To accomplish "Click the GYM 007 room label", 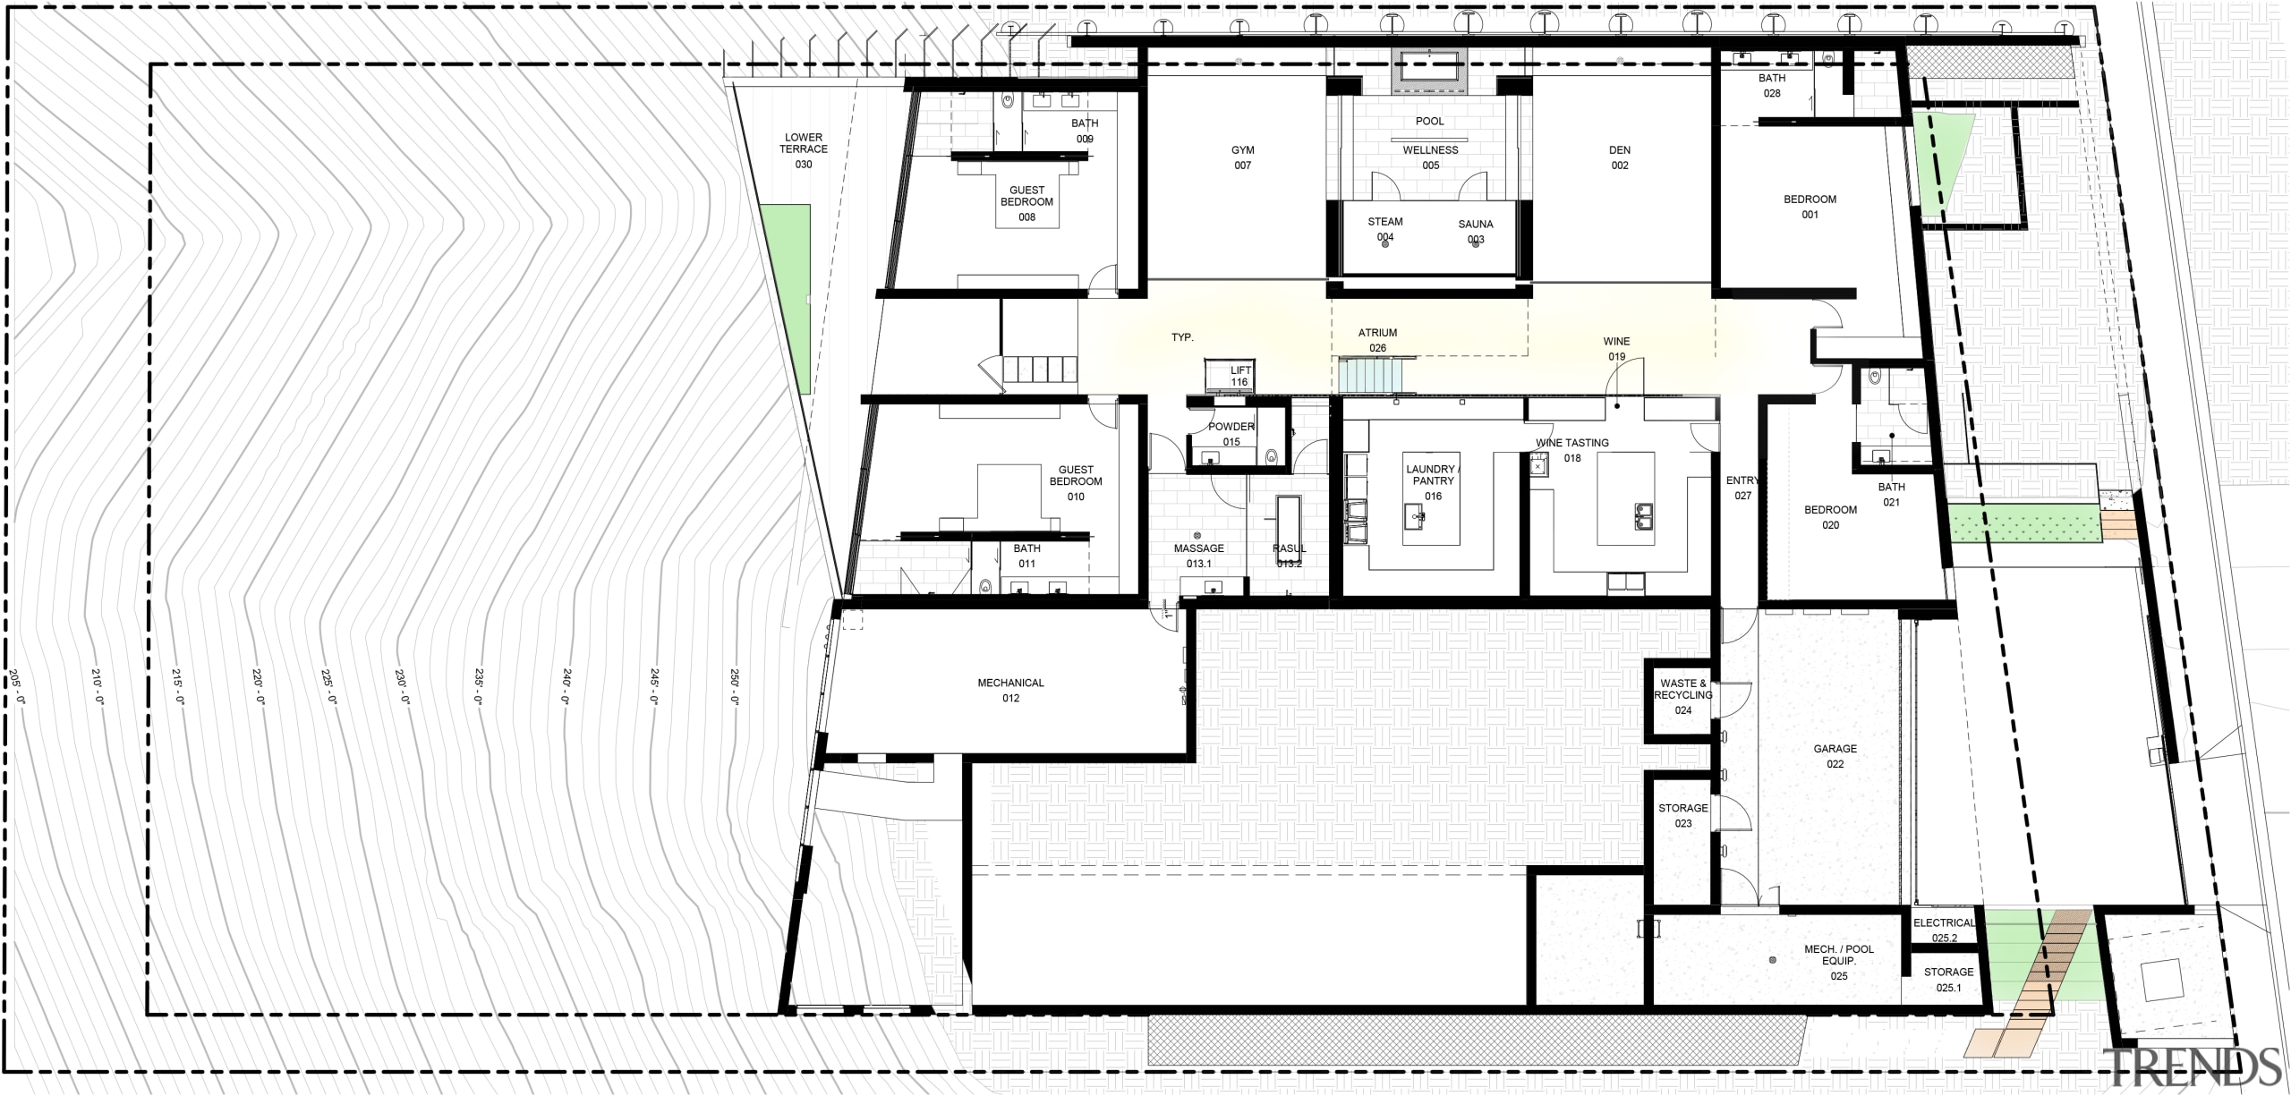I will (x=1242, y=157).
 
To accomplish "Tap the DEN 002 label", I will (x=1620, y=157).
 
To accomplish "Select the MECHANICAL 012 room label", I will (x=1010, y=690).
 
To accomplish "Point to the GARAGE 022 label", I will (x=1835, y=756).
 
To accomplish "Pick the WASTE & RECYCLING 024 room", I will (x=1682, y=696).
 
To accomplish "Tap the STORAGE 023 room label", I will (x=1682, y=815).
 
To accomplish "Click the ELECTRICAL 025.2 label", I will (x=1943, y=930).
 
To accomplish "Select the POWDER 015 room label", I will (x=1231, y=434).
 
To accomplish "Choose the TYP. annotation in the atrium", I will (x=1182, y=337).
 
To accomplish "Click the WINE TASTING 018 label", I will (x=1572, y=450).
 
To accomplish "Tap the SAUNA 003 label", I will (x=1476, y=231).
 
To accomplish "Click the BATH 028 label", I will (x=1772, y=85).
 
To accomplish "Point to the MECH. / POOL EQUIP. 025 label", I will (x=1838, y=962).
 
